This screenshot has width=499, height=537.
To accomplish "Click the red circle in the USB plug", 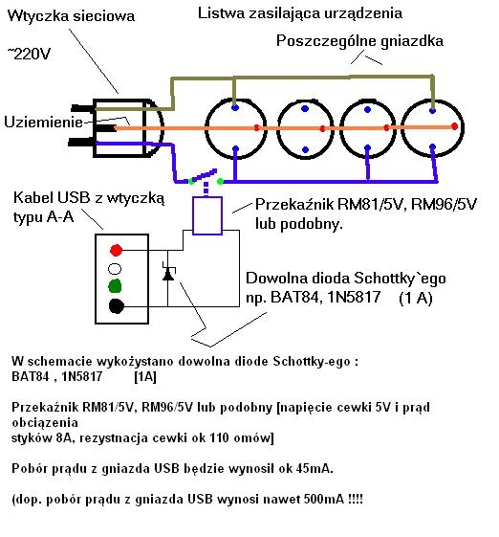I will click(116, 250).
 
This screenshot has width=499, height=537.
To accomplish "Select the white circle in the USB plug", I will click(116, 269).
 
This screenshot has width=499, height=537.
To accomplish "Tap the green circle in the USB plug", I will click(116, 286).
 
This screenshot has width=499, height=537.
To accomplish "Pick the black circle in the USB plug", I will click(116, 306).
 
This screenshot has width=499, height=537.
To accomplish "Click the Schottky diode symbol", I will click(169, 275).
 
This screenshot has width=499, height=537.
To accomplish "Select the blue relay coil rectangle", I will click(206, 215).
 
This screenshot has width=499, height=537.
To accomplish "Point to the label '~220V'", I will click(32, 56).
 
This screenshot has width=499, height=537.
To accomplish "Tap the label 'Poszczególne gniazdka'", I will click(357, 41).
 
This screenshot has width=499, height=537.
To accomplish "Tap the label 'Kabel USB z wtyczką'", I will click(88, 197).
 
